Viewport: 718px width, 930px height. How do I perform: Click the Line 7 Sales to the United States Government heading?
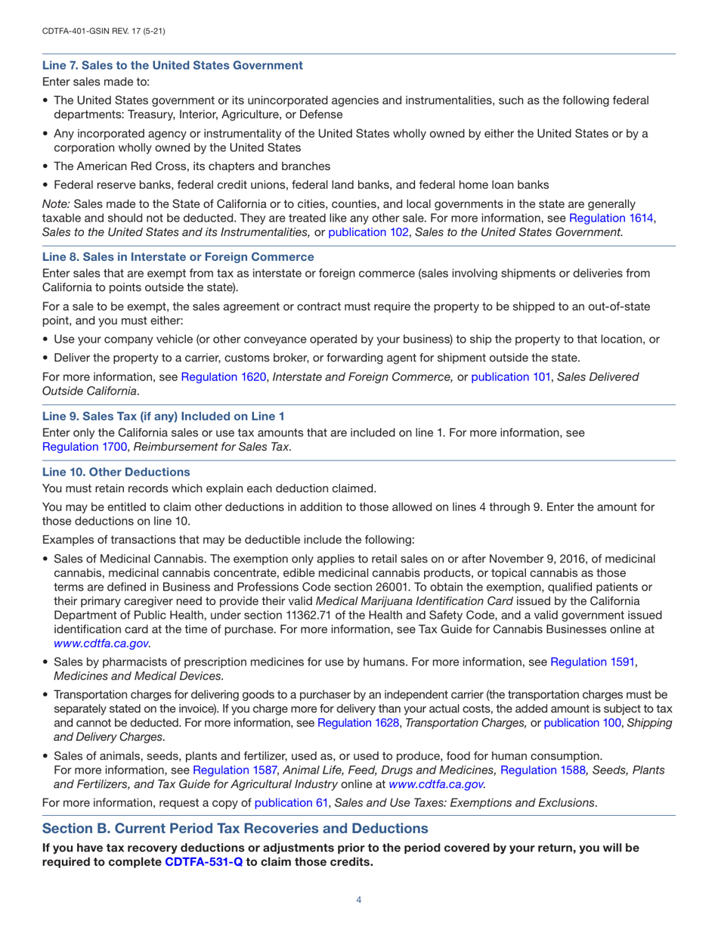pos(172,65)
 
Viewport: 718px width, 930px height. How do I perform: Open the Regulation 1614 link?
pos(611,218)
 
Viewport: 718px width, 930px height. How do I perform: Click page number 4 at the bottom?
pos(359,900)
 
